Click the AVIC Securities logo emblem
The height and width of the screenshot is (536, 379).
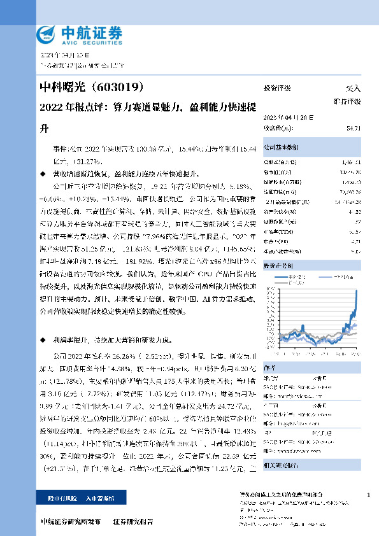pos(46,33)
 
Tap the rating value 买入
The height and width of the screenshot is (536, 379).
pos(353,88)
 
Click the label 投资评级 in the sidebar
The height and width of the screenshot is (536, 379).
pos(277,88)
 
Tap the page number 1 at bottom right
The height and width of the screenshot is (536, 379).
pos(369,495)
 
